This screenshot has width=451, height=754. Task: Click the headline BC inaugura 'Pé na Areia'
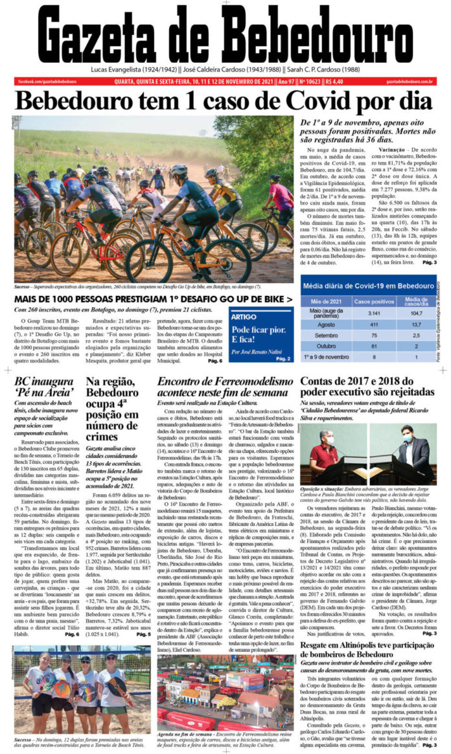[x=45, y=387]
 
